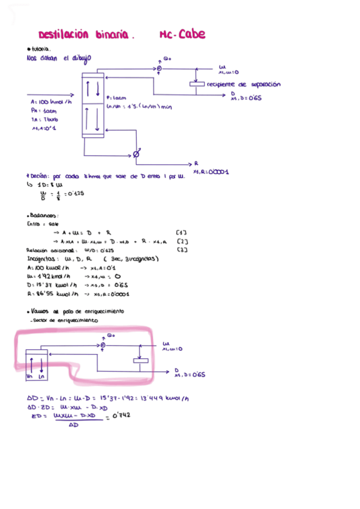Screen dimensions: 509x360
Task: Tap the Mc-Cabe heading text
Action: pos(183,35)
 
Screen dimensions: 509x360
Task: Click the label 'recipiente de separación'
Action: pos(243,85)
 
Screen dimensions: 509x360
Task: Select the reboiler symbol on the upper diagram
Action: pos(136,155)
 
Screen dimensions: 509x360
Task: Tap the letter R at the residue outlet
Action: pos(196,163)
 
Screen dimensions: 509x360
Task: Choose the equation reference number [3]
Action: pos(182,250)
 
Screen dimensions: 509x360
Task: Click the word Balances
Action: pos(43,215)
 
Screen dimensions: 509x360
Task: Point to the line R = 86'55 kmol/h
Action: pos(78,294)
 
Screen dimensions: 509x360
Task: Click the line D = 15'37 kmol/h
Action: pos(78,285)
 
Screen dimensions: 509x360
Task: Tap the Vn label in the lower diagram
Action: pos(31,377)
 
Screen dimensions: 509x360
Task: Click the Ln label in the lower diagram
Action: pos(41,377)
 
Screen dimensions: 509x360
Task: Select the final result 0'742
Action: pos(121,415)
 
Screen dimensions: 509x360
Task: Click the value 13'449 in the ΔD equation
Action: pos(152,398)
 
